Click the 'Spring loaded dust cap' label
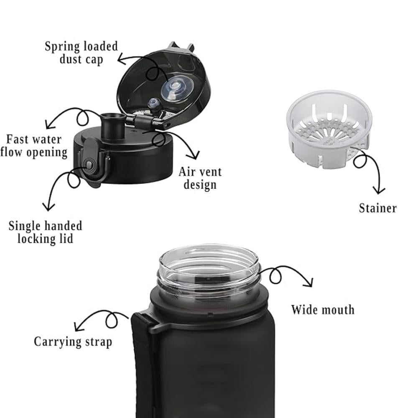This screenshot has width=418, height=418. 82,53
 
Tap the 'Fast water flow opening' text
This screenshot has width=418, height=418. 34,146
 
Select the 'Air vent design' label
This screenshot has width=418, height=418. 200,178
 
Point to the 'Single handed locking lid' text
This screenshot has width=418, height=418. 45,232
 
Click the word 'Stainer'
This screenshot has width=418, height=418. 378,208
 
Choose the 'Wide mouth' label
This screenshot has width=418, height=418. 323,310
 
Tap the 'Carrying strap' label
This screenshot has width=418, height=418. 73,342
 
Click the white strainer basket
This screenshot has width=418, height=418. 329,129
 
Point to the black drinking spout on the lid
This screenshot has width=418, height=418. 113,125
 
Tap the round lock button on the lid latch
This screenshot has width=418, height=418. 89,165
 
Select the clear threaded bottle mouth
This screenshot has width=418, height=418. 209,269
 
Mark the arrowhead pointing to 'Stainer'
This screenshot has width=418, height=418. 379,190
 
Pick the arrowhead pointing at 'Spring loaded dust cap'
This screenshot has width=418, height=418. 121,59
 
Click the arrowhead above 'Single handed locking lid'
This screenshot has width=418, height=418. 48,207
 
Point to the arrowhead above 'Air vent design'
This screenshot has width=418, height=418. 195,155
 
